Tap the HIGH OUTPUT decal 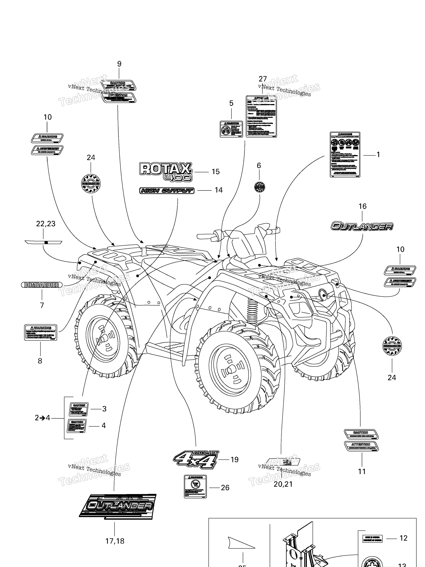coord(167,190)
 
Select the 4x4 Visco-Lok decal coord(196,460)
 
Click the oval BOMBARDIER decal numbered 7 coord(42,285)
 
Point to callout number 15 coord(215,172)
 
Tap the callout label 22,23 coord(46,224)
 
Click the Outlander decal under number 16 coord(362,226)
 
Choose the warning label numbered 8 coord(40,332)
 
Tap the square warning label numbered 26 coord(195,486)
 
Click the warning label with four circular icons coord(345,154)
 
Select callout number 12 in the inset coord(403,538)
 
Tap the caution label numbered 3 coord(79,409)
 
